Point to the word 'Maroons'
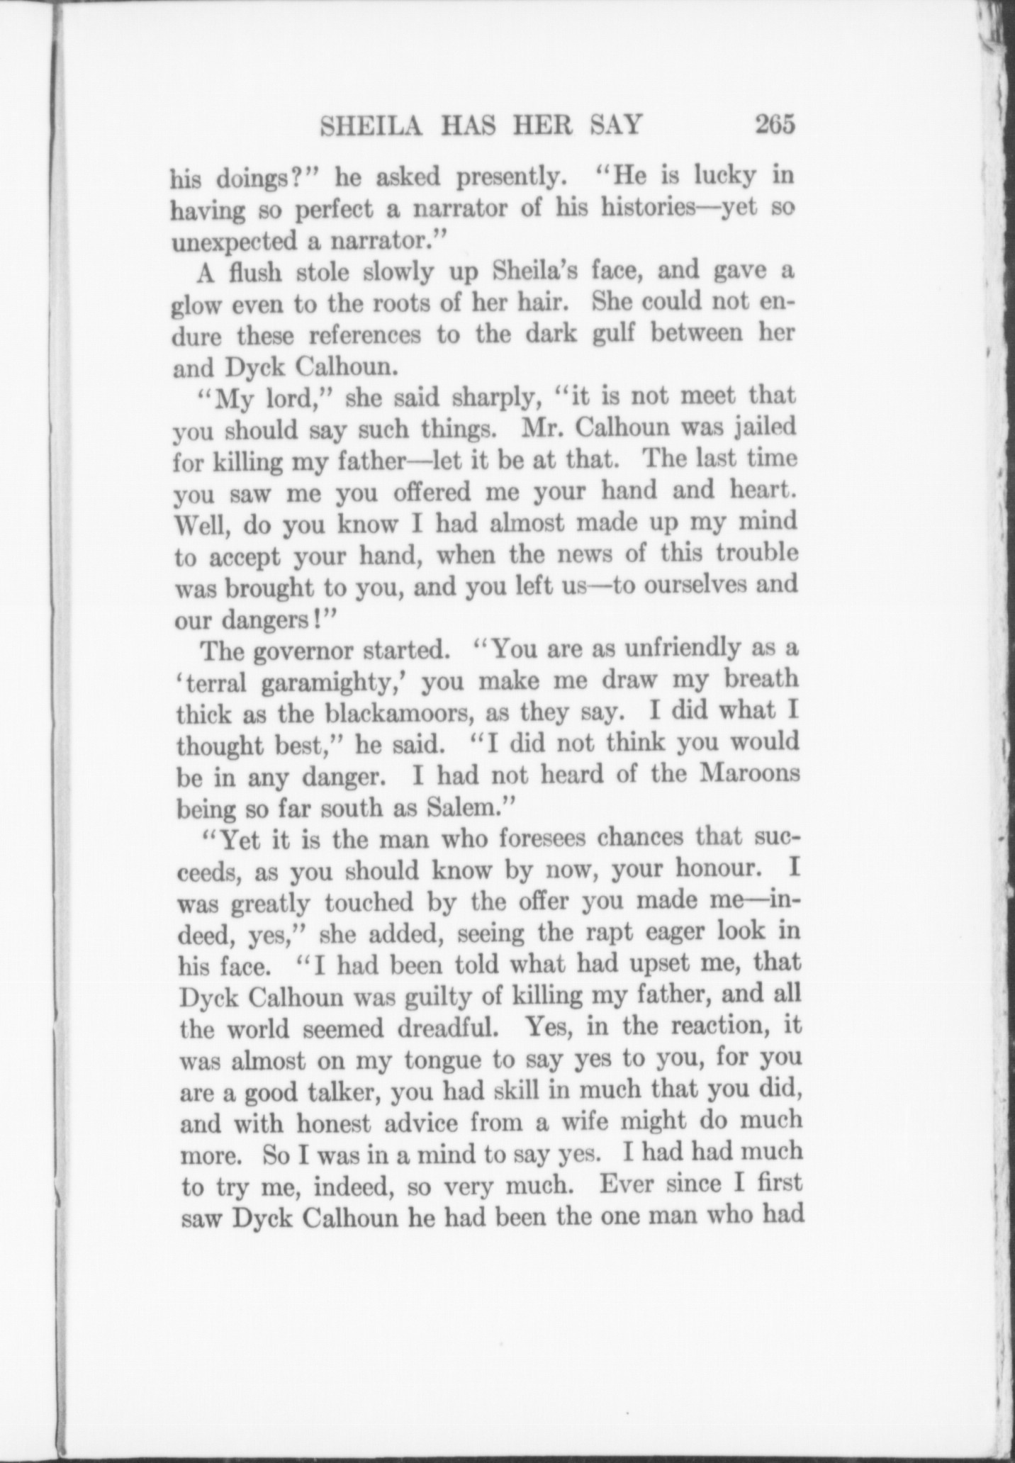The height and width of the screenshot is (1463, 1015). pyautogui.click(x=751, y=773)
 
